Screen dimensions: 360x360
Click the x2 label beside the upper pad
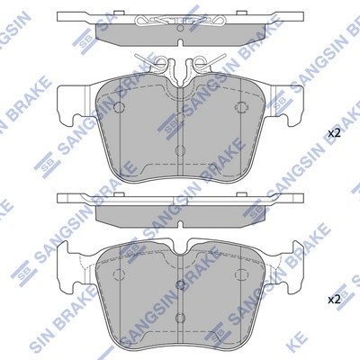click(333, 133)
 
